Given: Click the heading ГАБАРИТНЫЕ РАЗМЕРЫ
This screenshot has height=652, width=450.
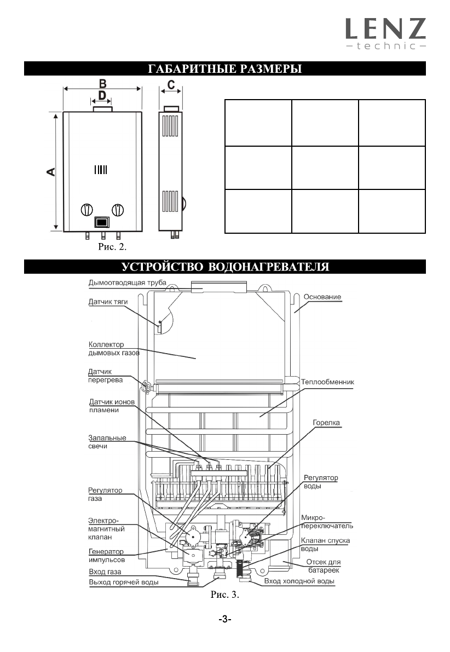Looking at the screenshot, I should (x=224, y=70).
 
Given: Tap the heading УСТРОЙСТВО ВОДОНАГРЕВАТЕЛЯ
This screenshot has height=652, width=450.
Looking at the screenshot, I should (x=224, y=267).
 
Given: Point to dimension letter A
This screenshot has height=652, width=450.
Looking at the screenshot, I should (x=50, y=172).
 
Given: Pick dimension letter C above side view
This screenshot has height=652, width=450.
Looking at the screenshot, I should (x=171, y=85).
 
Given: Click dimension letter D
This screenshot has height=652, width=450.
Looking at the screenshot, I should (x=102, y=96).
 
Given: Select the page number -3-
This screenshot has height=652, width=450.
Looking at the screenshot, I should (x=224, y=619).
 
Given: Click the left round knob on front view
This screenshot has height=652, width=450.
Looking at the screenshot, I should (x=86, y=210).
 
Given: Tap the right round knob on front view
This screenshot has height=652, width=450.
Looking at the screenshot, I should (x=117, y=210).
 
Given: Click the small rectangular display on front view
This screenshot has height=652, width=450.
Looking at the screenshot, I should (x=102, y=222).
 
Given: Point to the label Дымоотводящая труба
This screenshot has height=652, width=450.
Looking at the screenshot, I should (x=127, y=283).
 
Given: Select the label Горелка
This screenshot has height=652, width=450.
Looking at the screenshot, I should (x=326, y=423).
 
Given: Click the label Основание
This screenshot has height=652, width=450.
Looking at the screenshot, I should (x=322, y=297).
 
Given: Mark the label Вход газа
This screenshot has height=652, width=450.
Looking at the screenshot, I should (x=105, y=572).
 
